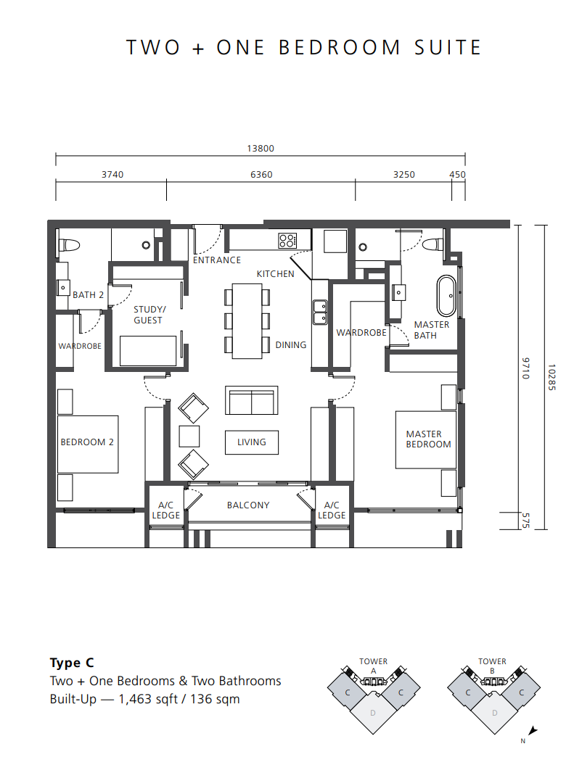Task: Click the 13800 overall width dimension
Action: (261, 148)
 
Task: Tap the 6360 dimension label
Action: (261, 174)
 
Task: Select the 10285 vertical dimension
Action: (552, 377)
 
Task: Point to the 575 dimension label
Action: (526, 521)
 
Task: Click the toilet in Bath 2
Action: (68, 245)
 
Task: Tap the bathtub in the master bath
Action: (446, 296)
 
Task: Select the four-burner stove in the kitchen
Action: (287, 241)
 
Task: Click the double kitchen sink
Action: (320, 312)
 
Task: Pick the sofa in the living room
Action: (251, 400)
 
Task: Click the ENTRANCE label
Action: (217, 260)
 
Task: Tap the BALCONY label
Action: (248, 505)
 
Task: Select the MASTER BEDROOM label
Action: (428, 439)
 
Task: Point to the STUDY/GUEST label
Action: (149, 315)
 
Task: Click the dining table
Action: (247, 321)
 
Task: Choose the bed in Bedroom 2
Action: (88, 444)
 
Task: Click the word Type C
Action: (72, 663)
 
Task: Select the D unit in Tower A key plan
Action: (373, 713)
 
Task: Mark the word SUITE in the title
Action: (448, 47)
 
